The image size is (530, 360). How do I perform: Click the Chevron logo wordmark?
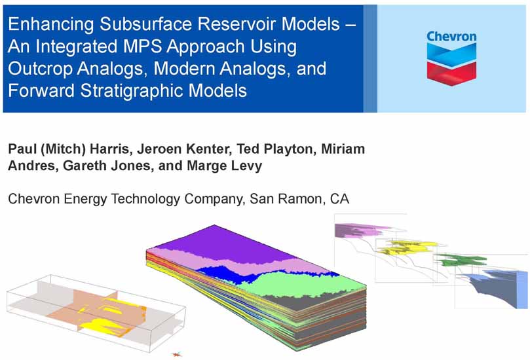tap(451, 37)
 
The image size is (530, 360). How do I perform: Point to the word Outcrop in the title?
tap(40, 69)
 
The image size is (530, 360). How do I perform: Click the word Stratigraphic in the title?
tap(132, 91)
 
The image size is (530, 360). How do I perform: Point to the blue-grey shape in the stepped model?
tap(493, 287)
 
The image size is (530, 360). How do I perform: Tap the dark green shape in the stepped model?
tap(461, 260)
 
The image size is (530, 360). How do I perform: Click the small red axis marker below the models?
tap(176, 354)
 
